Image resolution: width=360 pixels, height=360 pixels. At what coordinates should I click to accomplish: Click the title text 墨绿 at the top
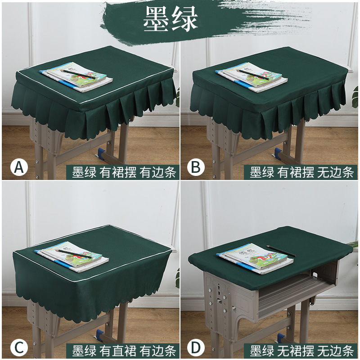pyautogui.click(x=171, y=19)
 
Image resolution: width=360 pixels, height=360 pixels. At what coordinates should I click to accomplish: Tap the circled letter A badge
pyautogui.click(x=19, y=167)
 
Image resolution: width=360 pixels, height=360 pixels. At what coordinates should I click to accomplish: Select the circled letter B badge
pyautogui.click(x=196, y=167)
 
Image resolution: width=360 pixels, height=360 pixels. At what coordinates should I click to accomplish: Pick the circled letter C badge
pyautogui.click(x=19, y=347)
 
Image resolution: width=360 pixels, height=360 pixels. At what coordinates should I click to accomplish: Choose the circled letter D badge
pyautogui.click(x=196, y=347)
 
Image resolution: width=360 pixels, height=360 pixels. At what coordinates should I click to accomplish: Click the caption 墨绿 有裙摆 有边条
pyautogui.click(x=124, y=172)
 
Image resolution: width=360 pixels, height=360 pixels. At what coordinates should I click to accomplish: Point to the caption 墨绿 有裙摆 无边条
pyautogui.click(x=301, y=172)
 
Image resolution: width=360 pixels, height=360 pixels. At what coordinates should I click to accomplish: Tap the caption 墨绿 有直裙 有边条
pyautogui.click(x=124, y=351)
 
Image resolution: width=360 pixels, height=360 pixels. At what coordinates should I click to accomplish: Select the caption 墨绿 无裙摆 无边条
pyautogui.click(x=301, y=351)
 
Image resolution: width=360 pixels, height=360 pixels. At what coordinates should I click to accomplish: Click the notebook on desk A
pyautogui.click(x=76, y=76)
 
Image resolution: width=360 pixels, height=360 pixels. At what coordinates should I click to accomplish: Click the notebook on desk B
pyautogui.click(x=252, y=77)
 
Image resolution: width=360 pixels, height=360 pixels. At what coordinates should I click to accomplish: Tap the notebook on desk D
pyautogui.click(x=255, y=258)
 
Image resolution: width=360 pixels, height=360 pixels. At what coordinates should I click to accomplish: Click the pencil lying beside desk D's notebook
pyautogui.click(x=281, y=251)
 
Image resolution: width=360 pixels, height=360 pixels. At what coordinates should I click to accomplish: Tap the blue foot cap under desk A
pyautogui.click(x=101, y=153)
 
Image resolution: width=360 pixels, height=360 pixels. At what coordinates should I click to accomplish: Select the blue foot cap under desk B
pyautogui.click(x=278, y=153)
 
